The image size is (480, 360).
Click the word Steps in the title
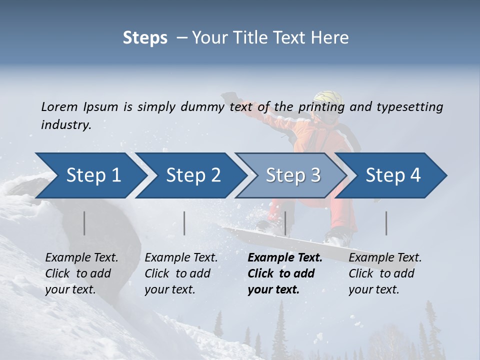pos(145,37)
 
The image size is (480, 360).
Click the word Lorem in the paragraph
pos(59,106)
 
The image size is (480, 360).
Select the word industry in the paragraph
pos(66,125)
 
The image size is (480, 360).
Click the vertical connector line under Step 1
pos(84,223)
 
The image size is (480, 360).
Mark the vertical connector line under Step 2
pos(184,223)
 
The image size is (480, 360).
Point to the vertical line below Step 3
pos(285,223)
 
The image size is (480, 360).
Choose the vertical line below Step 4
pos(386,223)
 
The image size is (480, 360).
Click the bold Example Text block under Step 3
pos(284,273)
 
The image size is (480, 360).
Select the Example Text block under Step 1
pos(81,273)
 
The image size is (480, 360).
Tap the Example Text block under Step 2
pos(181,273)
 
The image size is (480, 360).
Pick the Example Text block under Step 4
pos(385,273)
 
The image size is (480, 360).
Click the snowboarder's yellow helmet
pos(325,100)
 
